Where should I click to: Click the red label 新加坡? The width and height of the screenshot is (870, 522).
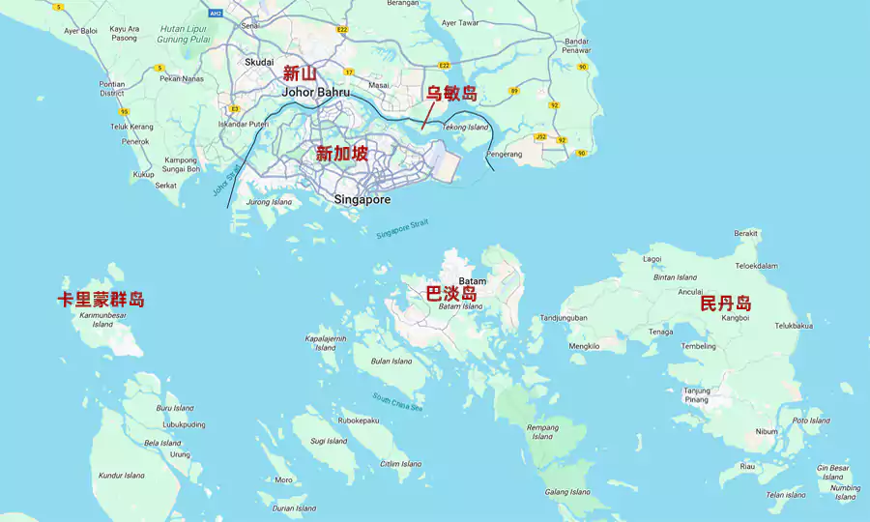pyautogui.click(x=342, y=153)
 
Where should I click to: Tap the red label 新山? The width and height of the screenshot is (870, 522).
pyautogui.click(x=300, y=73)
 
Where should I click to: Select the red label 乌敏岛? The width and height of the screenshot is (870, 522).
pyautogui.click(x=452, y=94)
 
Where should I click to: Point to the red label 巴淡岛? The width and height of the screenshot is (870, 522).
pyautogui.click(x=451, y=293)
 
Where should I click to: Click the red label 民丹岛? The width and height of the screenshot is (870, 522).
pyautogui.click(x=726, y=304)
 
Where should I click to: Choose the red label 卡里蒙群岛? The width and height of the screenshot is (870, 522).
pyautogui.click(x=101, y=300)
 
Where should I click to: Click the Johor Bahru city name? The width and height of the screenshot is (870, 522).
pyautogui.click(x=315, y=93)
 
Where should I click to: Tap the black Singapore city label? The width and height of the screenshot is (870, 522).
pyautogui.click(x=362, y=200)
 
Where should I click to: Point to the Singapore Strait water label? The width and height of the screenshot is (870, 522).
pyautogui.click(x=401, y=229)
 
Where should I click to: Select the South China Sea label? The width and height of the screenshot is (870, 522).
pyautogui.click(x=397, y=402)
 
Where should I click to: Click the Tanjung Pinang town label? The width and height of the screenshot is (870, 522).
pyautogui.click(x=697, y=394)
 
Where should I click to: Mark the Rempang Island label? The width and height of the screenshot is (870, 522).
pyautogui.click(x=542, y=431)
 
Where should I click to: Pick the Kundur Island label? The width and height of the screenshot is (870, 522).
pyautogui.click(x=122, y=476)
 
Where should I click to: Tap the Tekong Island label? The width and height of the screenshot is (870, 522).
pyautogui.click(x=465, y=127)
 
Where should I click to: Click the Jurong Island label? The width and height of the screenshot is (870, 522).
pyautogui.click(x=269, y=202)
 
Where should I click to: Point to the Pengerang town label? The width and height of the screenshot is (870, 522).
pyautogui.click(x=504, y=154)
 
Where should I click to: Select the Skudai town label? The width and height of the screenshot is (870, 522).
pyautogui.click(x=259, y=61)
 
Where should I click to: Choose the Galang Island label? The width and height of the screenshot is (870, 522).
pyautogui.click(x=567, y=492)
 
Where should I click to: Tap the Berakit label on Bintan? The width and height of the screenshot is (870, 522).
pyautogui.click(x=746, y=233)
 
